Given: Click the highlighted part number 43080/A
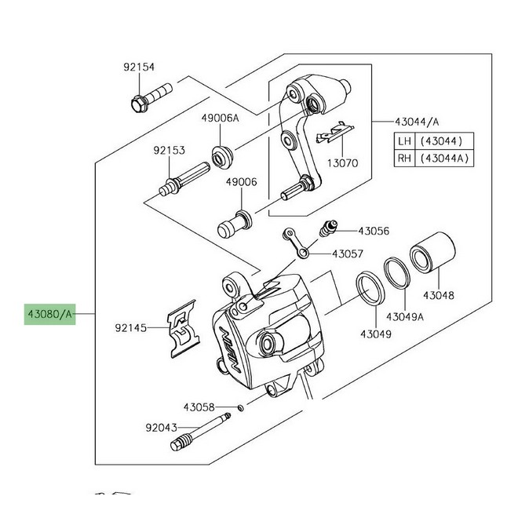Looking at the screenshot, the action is [x=49, y=314].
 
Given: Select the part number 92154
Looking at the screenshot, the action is [x=139, y=67].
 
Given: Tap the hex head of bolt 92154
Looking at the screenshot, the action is [x=138, y=104].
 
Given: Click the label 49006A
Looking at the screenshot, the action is [x=220, y=118].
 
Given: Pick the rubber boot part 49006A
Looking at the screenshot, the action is [x=222, y=158].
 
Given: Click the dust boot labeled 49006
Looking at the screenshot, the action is [x=235, y=223].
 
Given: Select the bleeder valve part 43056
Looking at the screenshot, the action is [x=328, y=228].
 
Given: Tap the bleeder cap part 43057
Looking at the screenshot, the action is [x=297, y=243].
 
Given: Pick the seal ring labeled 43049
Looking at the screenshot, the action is [x=370, y=288].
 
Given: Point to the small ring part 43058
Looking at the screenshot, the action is [x=241, y=408].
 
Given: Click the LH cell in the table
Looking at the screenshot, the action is [x=404, y=141].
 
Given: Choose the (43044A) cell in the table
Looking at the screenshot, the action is [x=444, y=158].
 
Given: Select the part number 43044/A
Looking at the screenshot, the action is [x=417, y=122].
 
